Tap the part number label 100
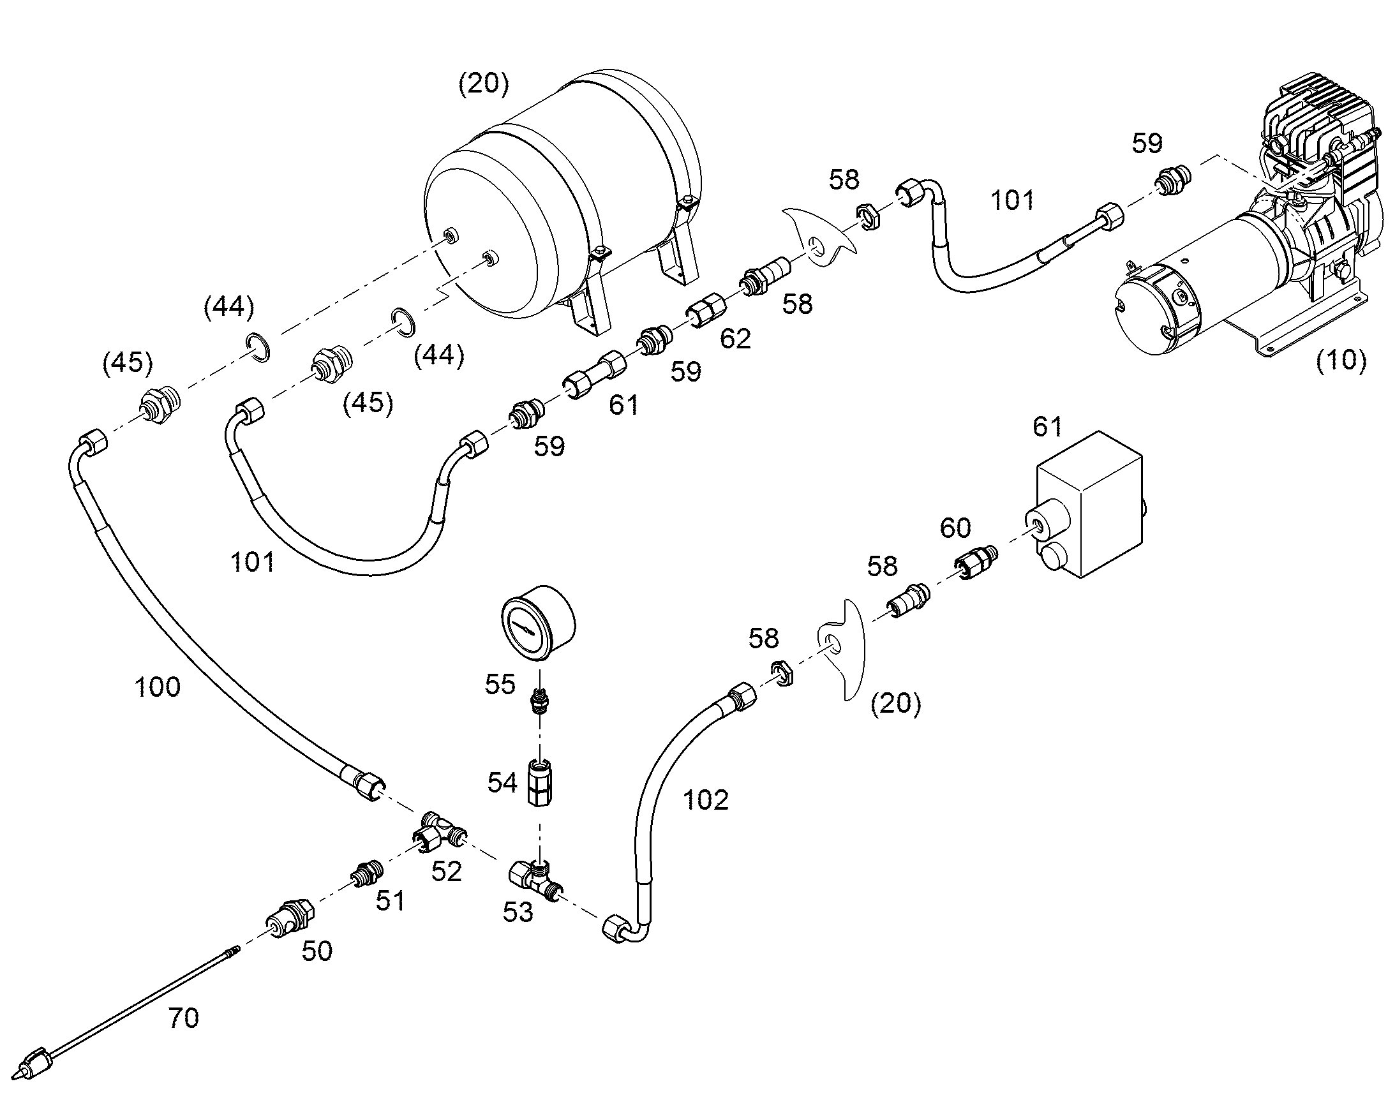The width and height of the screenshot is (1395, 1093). [x=158, y=687]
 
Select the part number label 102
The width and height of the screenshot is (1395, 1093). [x=706, y=800]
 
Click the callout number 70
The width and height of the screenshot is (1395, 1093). [x=183, y=1018]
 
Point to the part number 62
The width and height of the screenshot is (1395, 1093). [x=735, y=339]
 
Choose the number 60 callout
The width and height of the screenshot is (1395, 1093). [x=955, y=528]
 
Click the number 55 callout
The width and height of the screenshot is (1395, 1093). [x=500, y=684]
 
